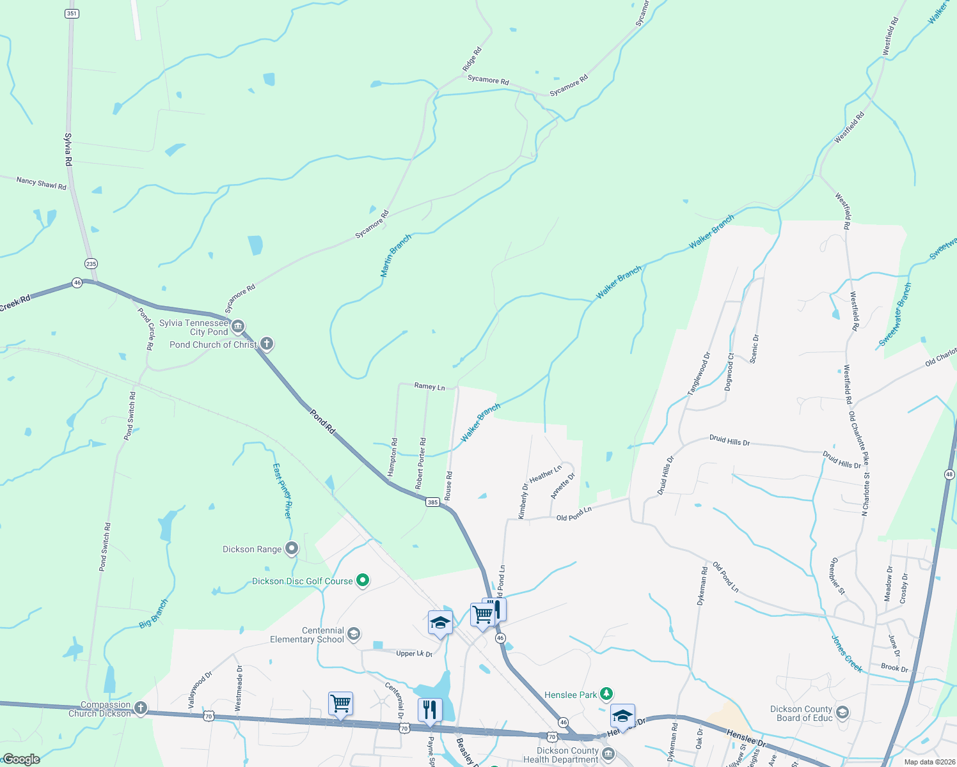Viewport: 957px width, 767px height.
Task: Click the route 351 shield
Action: coord(72,13)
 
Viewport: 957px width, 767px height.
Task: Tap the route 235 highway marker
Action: coord(91,263)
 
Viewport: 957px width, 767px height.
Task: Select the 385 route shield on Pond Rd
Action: coord(432,502)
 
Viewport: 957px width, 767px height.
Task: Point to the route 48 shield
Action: coord(949,474)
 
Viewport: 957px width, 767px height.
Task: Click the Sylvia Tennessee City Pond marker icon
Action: coord(238,327)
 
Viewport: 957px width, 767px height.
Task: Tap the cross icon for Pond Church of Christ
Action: coord(267,345)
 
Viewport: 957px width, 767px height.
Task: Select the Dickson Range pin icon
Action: coord(292,548)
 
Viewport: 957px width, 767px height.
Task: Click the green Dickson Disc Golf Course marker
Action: coord(363,581)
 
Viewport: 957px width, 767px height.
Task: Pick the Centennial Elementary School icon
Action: coord(354,634)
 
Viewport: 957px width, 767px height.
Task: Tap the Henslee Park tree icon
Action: coord(606,694)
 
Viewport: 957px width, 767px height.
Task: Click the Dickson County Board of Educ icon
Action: coord(842,713)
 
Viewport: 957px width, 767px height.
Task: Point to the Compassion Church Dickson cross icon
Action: coord(141,708)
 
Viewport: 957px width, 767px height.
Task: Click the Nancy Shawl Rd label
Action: coord(42,184)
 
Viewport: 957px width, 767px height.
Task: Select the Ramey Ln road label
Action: coord(429,386)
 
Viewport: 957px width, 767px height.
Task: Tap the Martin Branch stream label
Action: coord(396,256)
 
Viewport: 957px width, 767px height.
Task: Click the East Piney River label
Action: coord(282,491)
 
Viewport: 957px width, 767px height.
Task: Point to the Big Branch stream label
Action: coord(154,614)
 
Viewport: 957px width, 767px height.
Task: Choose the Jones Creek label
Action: coord(846,654)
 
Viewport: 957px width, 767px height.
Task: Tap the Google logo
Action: coord(21,759)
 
